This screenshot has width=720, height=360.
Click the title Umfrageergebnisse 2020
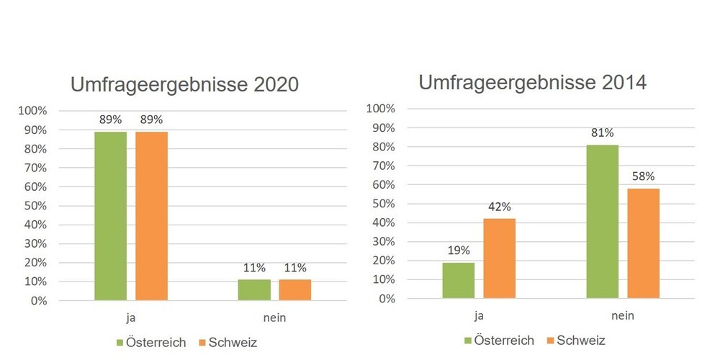click(184, 85)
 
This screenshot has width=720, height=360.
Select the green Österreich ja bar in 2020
click(110, 215)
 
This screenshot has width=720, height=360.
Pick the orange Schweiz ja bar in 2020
click(151, 215)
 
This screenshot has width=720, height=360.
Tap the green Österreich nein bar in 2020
click(254, 289)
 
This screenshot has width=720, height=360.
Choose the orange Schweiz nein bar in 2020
click(295, 289)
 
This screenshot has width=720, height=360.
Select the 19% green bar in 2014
click(459, 280)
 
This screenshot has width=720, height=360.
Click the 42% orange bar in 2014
click(500, 258)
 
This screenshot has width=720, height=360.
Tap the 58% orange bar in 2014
click(644, 243)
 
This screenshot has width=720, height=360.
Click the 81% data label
click(603, 133)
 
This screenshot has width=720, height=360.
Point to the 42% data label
click(500, 207)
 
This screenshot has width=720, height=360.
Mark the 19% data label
click(459, 251)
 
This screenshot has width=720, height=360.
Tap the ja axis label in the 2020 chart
click(131, 318)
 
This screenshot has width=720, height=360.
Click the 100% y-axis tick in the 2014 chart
click(381, 109)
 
